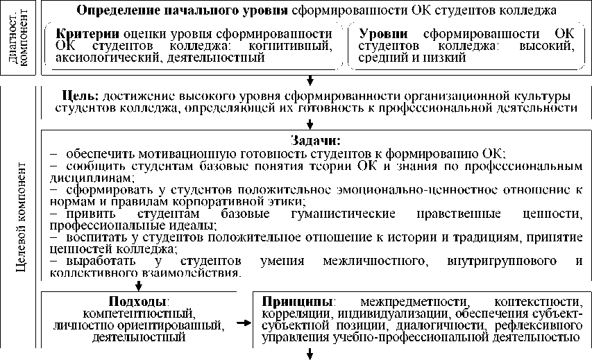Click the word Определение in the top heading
pyautogui.click(x=113, y=11)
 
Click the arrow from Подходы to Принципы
pyautogui.click(x=244, y=323)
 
